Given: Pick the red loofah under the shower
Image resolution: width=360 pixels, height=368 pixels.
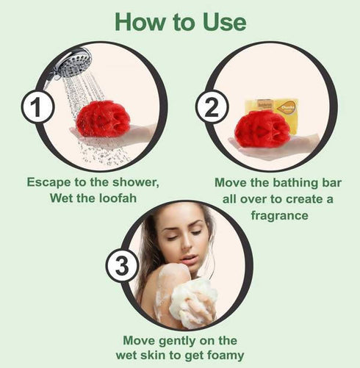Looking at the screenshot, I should point(102,120).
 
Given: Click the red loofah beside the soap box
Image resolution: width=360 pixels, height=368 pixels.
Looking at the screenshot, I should point(261,130).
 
